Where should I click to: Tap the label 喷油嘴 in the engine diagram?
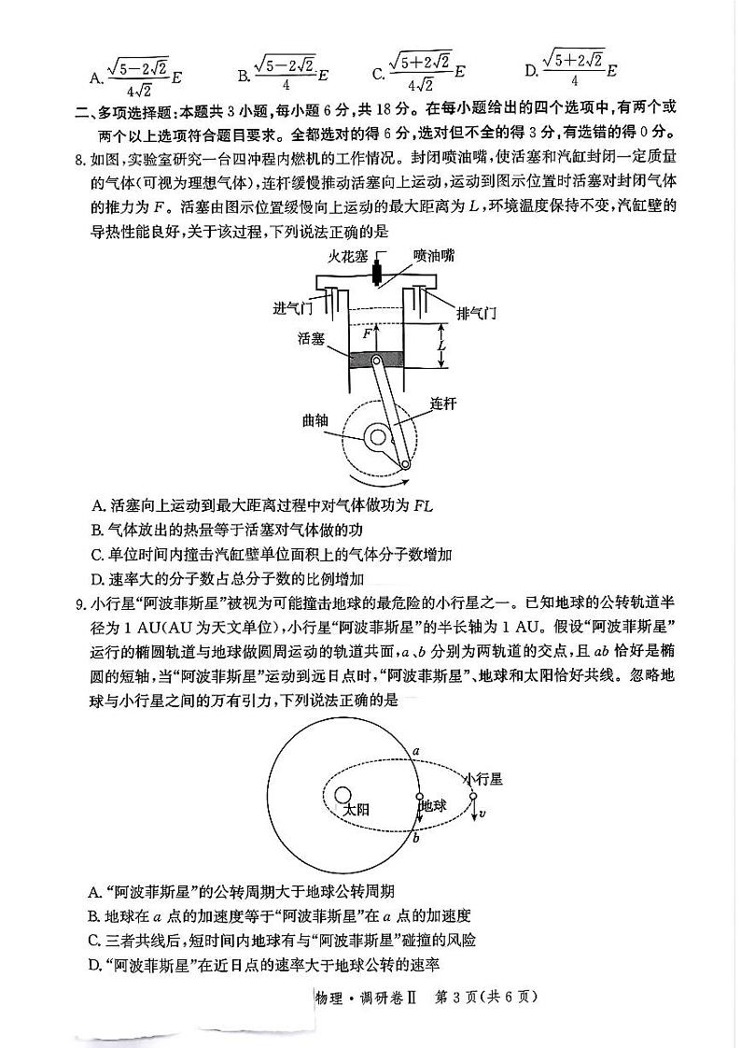click(x=435, y=254)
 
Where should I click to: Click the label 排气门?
click(x=477, y=311)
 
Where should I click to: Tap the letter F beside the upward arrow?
click(x=368, y=333)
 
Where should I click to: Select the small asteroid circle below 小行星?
click(x=473, y=797)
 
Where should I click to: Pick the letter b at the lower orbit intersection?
click(x=415, y=839)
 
